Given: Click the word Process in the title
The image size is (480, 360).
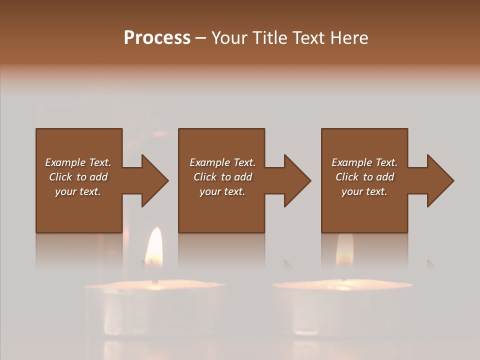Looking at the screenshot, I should pos(157,38).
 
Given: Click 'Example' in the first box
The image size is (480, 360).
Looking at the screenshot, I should pos(64,162).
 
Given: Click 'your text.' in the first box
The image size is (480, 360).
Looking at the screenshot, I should pos(78,191).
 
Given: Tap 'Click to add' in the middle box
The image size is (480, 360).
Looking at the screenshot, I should pos(222,177).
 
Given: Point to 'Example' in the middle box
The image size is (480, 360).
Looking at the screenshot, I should pos(209,162).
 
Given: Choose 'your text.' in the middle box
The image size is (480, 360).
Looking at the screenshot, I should pos(222,191).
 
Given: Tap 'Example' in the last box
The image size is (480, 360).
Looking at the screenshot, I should pos(351,162).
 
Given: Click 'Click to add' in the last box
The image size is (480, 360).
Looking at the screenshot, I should pos(365,177).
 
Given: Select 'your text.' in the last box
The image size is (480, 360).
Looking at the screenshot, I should pos(364,191).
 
